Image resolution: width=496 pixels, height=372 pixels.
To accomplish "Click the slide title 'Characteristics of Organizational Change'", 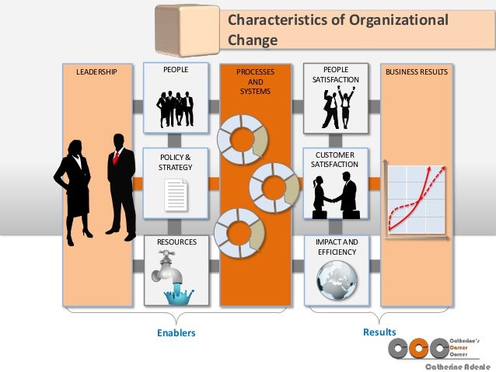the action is [x=337, y=29].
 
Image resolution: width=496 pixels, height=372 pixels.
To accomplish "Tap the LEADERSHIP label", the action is [x=97, y=73].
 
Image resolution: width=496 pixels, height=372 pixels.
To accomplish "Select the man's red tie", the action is [x=116, y=158].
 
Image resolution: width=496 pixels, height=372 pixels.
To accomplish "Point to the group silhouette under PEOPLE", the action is [x=175, y=108].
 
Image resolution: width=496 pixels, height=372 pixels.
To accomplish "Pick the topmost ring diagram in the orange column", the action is [x=241, y=137].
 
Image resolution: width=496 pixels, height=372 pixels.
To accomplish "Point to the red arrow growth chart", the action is [x=417, y=199].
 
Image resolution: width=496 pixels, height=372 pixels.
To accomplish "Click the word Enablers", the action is [x=176, y=333].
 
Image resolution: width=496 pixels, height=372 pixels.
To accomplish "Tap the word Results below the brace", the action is [x=379, y=332].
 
